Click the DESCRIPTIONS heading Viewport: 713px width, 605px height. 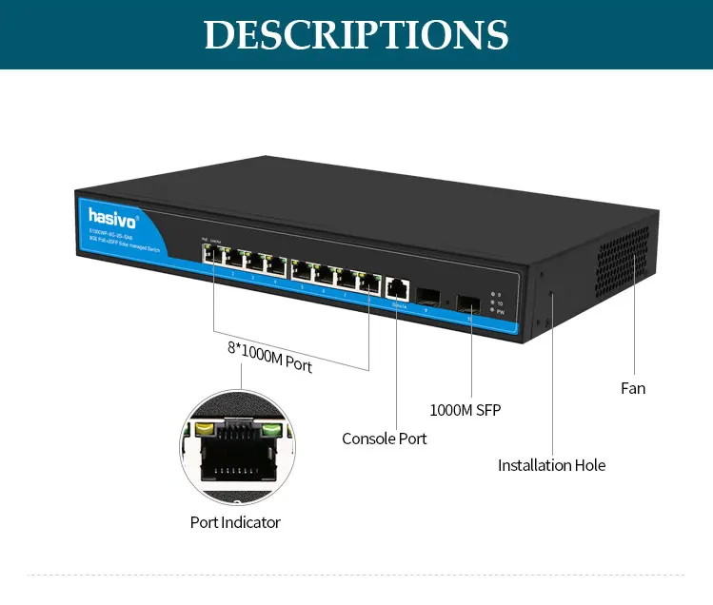click(356, 34)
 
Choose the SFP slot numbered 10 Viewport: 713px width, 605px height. click(468, 303)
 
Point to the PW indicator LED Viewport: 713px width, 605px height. click(492, 310)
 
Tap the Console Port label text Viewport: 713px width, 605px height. click(385, 439)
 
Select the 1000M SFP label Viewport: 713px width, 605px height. click(465, 410)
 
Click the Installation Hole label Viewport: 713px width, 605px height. click(551, 465)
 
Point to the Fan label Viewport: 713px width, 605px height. click(633, 388)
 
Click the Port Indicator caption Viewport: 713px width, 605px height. click(235, 522)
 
